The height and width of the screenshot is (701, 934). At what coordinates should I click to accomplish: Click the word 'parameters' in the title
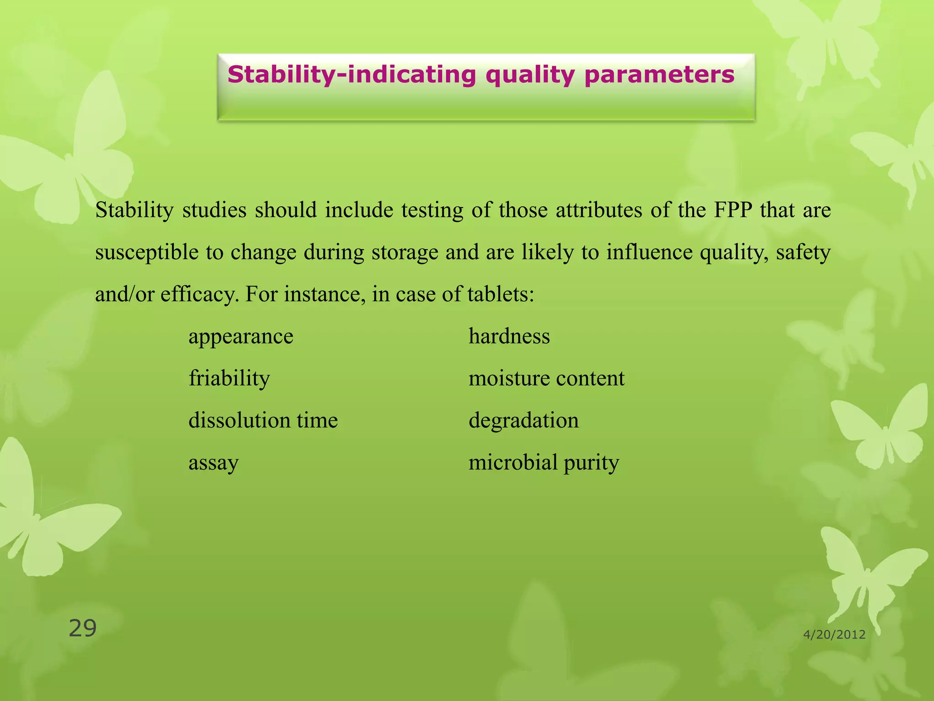[x=659, y=75]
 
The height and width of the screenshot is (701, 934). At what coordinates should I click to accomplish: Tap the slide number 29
[x=83, y=628]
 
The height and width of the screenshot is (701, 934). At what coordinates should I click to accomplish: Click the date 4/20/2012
[x=834, y=634]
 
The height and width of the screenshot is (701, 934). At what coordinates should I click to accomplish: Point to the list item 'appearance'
[x=241, y=337]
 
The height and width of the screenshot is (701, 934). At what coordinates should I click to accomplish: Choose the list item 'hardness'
[x=509, y=337]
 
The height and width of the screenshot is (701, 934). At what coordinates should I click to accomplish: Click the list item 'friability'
[x=229, y=379]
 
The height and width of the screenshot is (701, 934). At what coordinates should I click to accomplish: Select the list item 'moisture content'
[x=546, y=379]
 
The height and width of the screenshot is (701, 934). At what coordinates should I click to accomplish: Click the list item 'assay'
[x=213, y=463]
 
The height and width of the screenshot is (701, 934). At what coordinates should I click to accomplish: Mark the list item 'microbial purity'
[x=544, y=463]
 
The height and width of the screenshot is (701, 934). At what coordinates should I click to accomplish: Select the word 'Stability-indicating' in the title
[x=352, y=75]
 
